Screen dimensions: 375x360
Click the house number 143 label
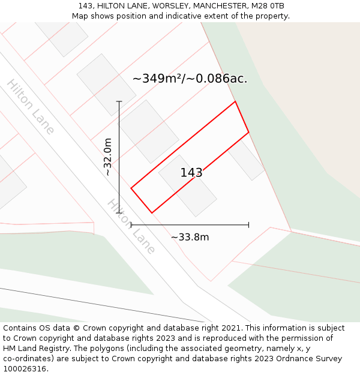pos(191,173)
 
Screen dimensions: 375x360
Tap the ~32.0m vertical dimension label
pos(108,157)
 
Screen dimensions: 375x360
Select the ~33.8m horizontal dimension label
pos(190,237)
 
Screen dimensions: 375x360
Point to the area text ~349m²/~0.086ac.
pos(190,79)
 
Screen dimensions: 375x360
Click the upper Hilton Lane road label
pos(31,106)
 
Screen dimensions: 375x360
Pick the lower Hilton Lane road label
pos(131,226)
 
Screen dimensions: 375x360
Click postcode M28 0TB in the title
pos(268,6)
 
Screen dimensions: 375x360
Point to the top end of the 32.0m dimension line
pos(119,101)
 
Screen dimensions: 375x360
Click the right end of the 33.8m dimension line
pos(248,225)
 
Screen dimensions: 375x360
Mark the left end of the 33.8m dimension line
pos(131,225)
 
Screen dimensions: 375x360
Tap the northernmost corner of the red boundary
pos(235,101)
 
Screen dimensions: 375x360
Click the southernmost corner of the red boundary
pos(152,212)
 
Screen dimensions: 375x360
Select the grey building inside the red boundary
pos(187,185)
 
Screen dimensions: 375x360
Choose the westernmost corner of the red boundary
pos(131,188)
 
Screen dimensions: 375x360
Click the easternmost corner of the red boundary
pos(248,132)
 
